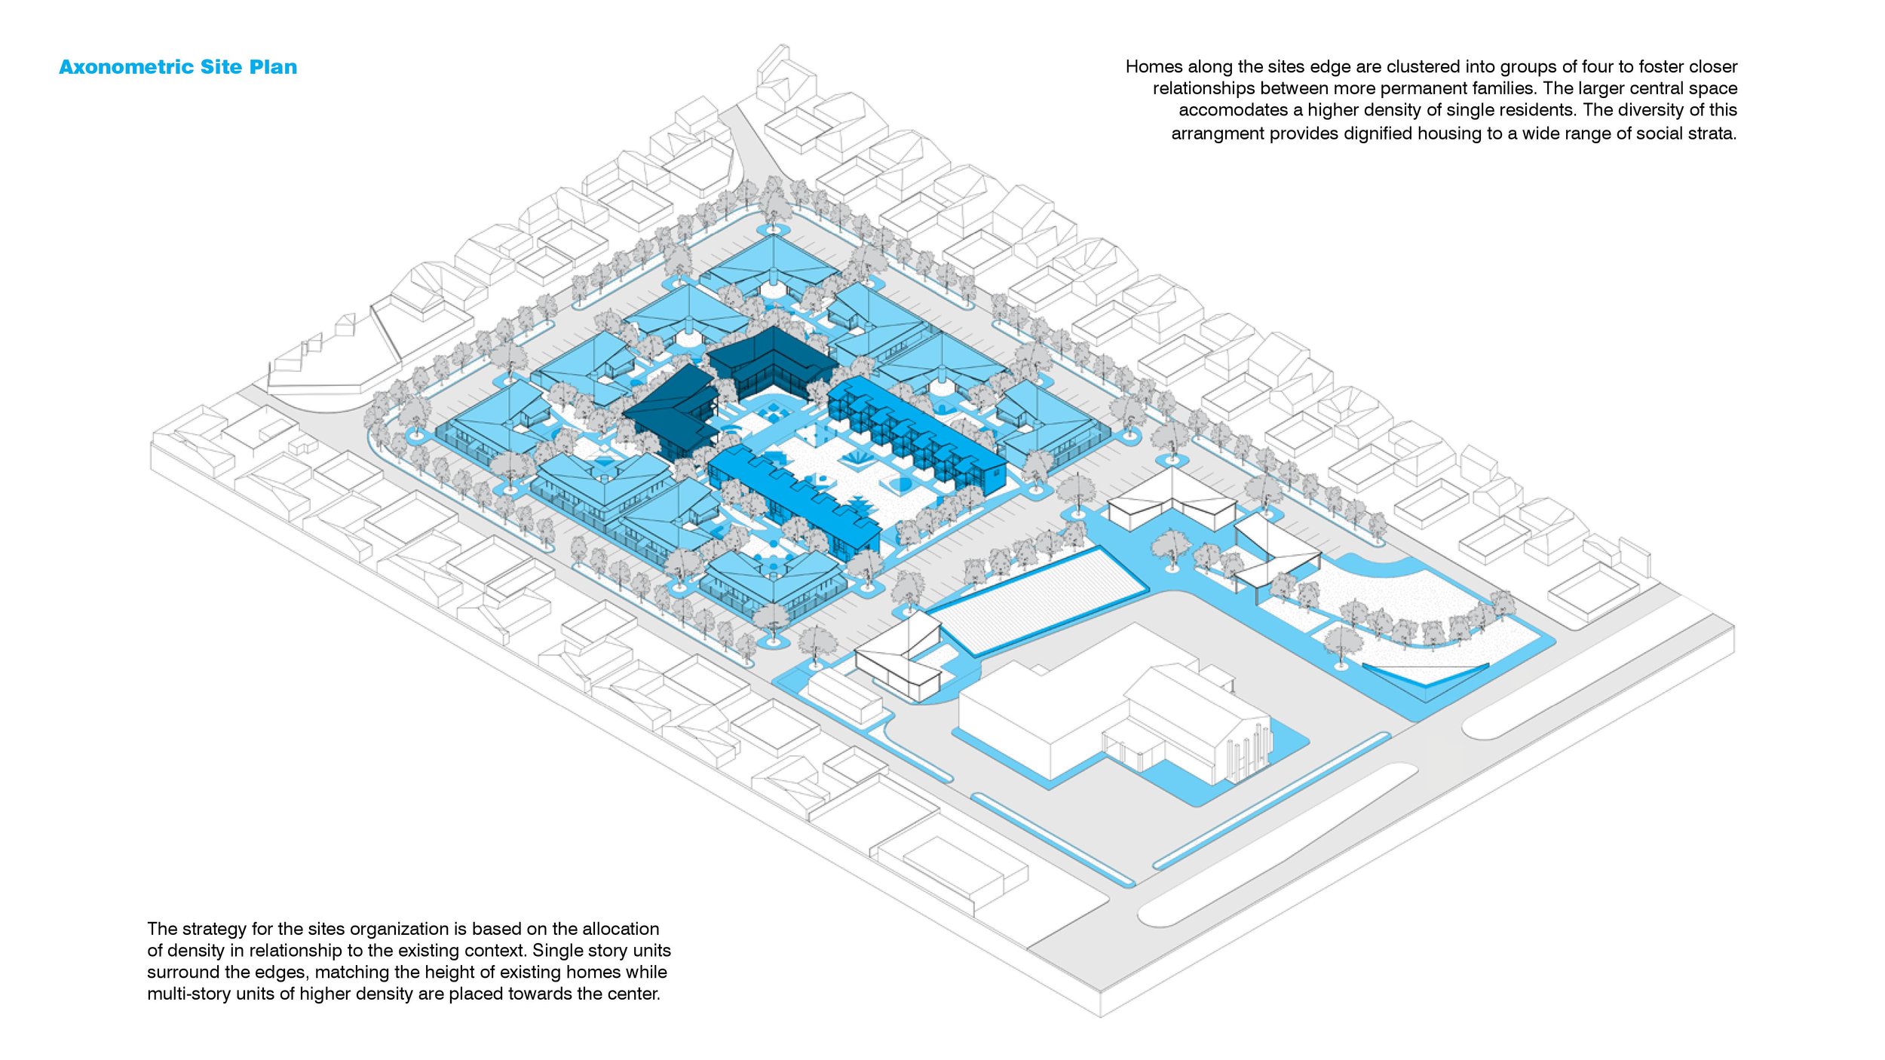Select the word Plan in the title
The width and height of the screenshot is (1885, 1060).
click(x=273, y=67)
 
